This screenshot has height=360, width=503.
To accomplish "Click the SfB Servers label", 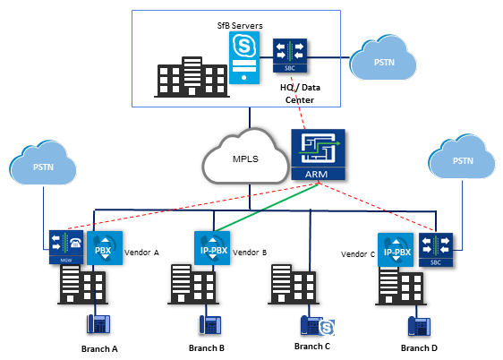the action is click(x=240, y=26).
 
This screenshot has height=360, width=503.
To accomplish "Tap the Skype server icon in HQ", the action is click(x=244, y=57).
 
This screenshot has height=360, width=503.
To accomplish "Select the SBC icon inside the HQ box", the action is click(x=290, y=56).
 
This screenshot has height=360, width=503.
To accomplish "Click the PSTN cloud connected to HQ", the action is click(x=383, y=57).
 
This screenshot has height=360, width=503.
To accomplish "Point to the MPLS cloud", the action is click(x=245, y=157).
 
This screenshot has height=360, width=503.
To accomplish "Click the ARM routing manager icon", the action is click(x=318, y=154).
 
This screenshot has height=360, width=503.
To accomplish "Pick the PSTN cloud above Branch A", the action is click(x=43, y=163).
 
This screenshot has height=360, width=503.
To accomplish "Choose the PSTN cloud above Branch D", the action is click(x=461, y=157).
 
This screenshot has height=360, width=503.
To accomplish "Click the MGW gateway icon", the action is click(x=66, y=247).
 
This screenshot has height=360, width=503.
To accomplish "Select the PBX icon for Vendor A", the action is click(x=105, y=248).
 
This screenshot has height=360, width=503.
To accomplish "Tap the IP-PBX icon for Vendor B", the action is click(x=212, y=248).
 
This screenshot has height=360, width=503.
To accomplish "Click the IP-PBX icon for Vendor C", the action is click(x=396, y=250).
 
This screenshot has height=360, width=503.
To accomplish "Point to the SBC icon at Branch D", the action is click(x=436, y=250).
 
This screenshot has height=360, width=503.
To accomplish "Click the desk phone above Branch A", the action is click(x=98, y=324).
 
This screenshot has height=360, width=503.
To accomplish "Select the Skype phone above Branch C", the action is click(x=317, y=326).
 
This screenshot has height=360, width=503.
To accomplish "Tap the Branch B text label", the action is click(x=207, y=348).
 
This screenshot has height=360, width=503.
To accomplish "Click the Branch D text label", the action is click(x=419, y=348).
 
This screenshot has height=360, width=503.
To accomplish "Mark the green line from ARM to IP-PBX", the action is click(x=267, y=207).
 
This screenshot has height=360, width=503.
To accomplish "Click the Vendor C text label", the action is click(x=358, y=254).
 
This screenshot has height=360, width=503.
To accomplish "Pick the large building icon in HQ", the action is click(x=192, y=77).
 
